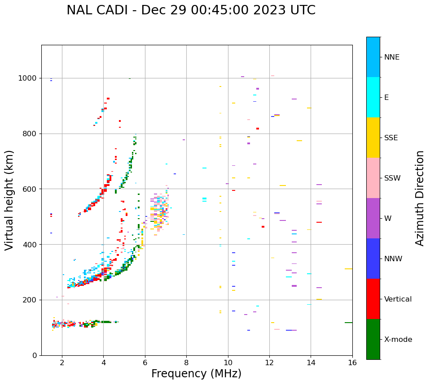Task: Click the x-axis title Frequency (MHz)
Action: pos(196,374)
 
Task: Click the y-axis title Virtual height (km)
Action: pos(9,200)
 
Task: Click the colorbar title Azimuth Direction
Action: pos(420,198)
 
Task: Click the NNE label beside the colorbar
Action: pos(391,57)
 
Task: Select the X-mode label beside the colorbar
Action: pos(398,340)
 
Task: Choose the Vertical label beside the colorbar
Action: pos(398,299)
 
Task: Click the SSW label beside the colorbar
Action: pos(392,178)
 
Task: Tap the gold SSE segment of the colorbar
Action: pos(373,138)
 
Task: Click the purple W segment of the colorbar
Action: pos(373,218)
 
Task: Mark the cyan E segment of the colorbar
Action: pos(373,97)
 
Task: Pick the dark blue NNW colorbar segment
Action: pos(373,259)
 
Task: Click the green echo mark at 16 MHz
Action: pos(348,323)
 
